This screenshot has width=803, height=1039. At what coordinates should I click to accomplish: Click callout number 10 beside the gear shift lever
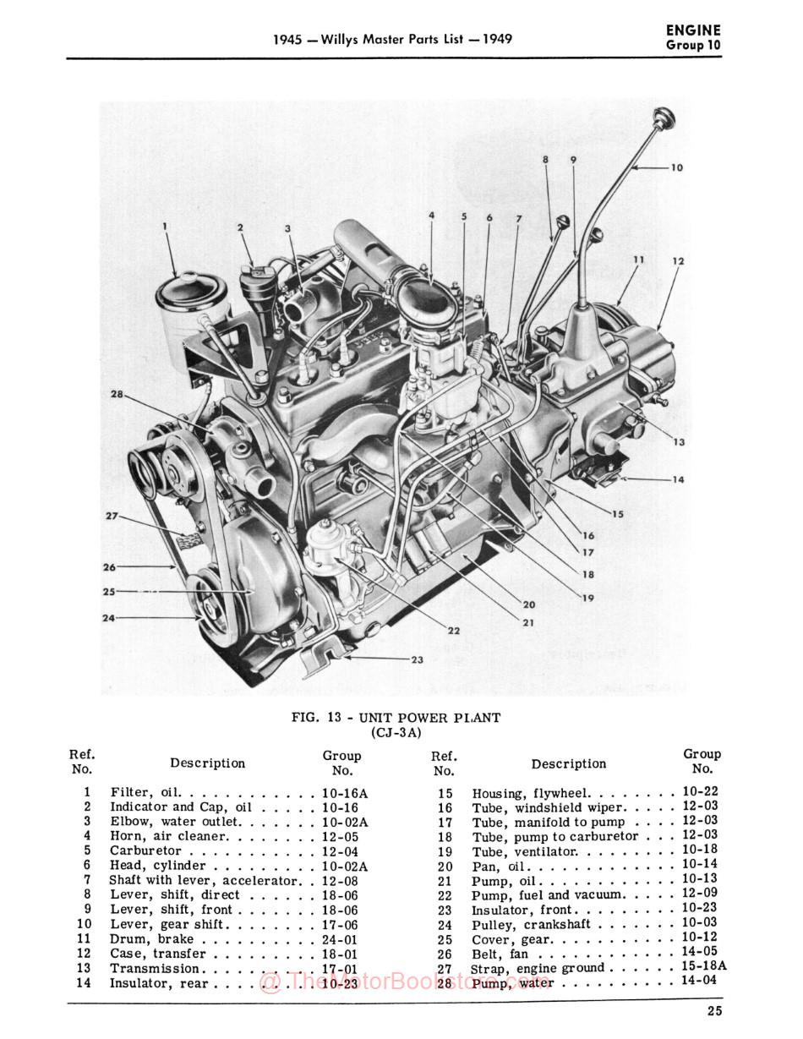click(676, 167)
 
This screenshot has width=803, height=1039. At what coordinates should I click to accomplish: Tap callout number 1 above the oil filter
click(166, 226)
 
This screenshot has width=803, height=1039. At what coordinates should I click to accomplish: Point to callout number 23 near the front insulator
click(416, 659)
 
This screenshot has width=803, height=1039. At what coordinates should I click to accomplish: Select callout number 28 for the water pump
click(116, 394)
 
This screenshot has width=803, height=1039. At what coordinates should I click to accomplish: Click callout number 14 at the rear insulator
click(678, 479)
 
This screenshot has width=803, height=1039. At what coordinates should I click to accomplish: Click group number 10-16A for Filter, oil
click(345, 793)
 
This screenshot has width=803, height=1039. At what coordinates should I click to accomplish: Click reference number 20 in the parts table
click(445, 866)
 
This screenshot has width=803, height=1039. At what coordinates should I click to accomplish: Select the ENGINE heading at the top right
click(693, 30)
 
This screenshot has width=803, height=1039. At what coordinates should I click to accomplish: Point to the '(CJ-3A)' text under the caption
click(396, 732)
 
